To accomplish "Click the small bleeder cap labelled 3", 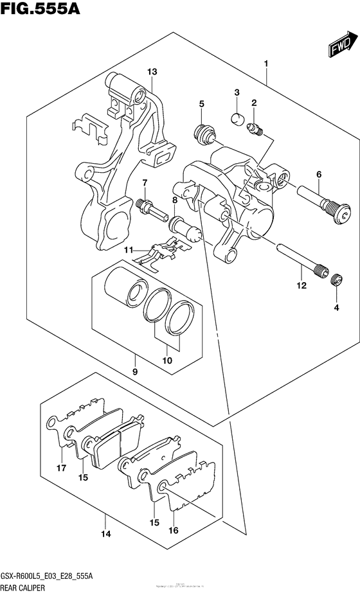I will click(x=237, y=118).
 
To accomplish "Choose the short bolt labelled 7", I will click(x=147, y=207).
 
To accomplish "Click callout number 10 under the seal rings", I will click(x=166, y=360).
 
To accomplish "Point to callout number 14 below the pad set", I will click(x=106, y=534).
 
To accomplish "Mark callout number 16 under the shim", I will click(x=172, y=531).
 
